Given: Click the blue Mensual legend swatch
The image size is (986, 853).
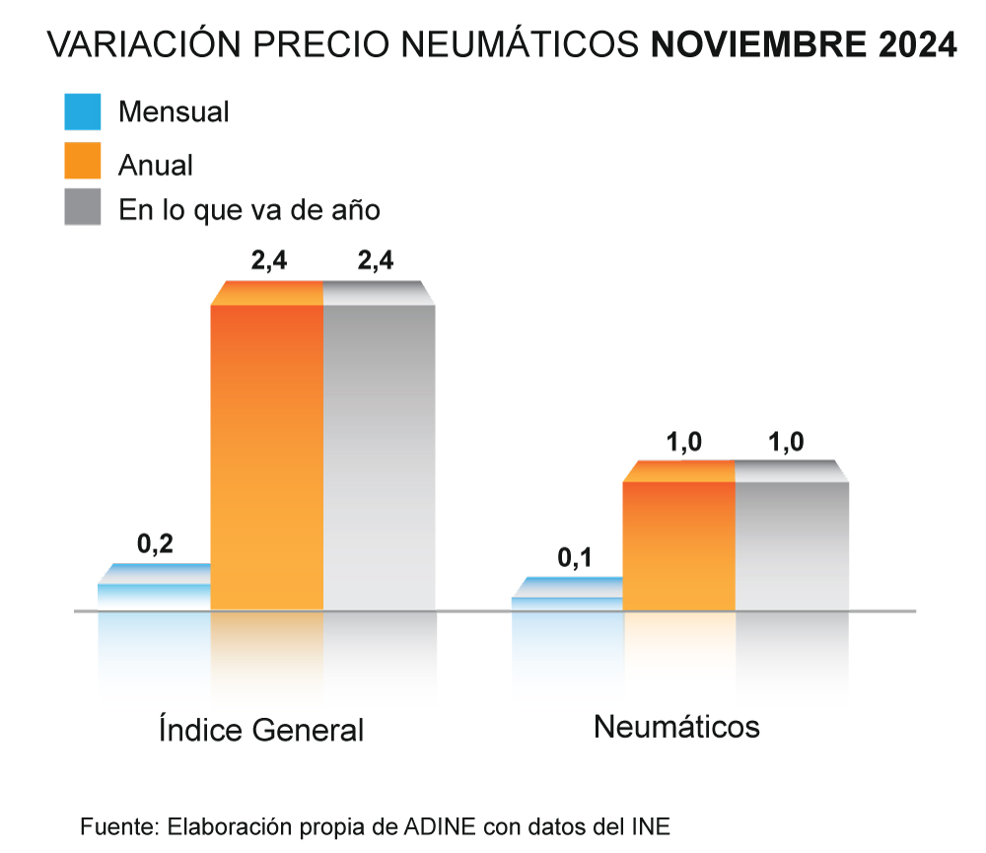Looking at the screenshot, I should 82,111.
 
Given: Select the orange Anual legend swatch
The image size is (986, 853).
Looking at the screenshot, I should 82,161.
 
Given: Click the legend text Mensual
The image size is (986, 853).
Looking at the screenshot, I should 174,111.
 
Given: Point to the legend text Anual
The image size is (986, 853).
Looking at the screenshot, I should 156,164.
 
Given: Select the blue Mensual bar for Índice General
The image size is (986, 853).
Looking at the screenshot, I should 155,592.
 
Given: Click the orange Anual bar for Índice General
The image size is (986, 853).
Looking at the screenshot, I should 267,454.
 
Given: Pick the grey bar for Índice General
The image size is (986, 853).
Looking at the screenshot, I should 380,454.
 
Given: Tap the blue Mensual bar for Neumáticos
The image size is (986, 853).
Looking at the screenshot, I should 567,600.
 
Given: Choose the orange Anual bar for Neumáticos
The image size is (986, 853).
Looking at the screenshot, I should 679,542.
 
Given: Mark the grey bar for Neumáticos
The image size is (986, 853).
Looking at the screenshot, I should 792,542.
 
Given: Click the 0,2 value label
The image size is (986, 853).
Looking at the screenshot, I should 155,544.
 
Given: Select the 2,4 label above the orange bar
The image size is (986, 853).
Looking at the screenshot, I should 268,262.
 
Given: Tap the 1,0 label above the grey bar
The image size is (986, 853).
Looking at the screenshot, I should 786,442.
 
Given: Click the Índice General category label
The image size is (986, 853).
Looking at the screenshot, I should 261,731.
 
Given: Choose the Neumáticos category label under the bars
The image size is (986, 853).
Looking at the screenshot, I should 676,727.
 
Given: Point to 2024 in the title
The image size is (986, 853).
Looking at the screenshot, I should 916,44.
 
